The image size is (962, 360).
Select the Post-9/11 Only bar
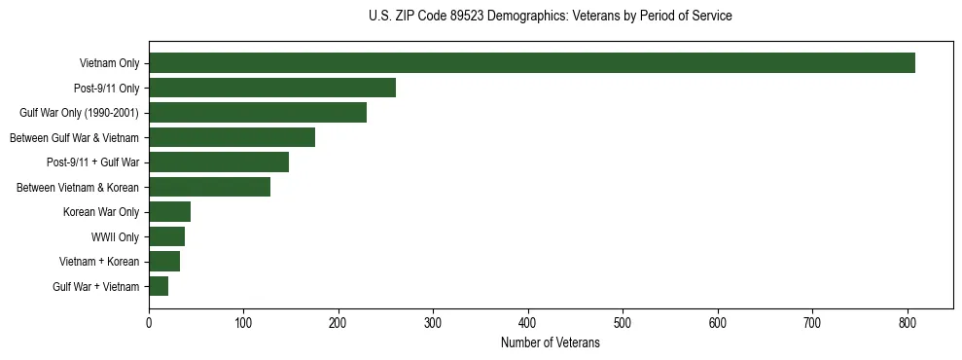[272, 88]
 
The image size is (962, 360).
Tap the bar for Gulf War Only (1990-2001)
[258, 113]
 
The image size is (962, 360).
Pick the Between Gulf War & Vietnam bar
[232, 137]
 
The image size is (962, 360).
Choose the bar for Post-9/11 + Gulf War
[219, 162]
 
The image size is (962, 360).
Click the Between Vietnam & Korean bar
[209, 187]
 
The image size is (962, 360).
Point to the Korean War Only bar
[169, 212]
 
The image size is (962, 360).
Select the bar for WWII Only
[166, 236]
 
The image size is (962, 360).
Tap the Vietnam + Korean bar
[164, 262]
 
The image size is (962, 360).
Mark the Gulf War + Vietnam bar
[159, 286]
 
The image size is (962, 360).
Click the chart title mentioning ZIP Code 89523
[551, 17]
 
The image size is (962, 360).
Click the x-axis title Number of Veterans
[551, 343]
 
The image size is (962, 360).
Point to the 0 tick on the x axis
[149, 323]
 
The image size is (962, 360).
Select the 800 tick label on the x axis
[908, 323]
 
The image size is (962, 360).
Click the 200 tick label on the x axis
[338, 323]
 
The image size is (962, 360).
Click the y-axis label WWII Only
[115, 236]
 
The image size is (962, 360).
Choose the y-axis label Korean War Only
[101, 212]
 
